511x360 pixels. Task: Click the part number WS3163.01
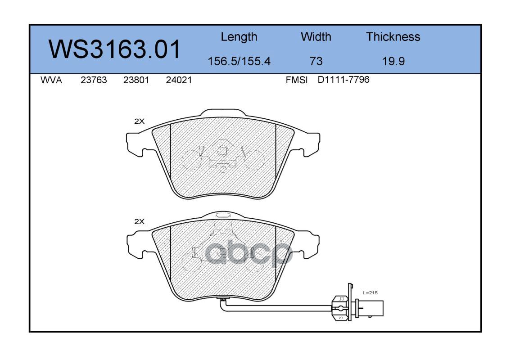tap(114, 49)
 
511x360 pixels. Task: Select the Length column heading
tap(239, 37)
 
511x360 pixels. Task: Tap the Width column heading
tap(316, 36)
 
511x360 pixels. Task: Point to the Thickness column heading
tap(393, 36)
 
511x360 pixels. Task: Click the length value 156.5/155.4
tap(239, 61)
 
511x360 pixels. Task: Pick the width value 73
tap(316, 61)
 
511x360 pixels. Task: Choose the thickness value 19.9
tap(393, 61)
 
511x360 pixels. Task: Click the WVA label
tap(51, 80)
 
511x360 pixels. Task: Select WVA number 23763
tap(94, 80)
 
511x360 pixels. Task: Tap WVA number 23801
tap(136, 80)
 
